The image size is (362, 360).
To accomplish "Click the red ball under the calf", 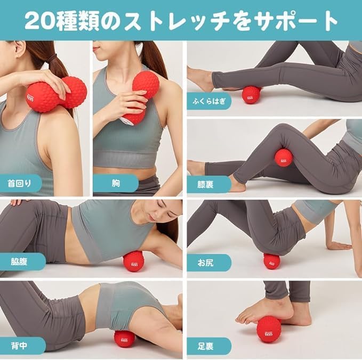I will click(x=251, y=94).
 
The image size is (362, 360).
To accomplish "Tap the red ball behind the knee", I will click(x=283, y=158).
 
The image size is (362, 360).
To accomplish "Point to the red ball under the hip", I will click(x=272, y=261).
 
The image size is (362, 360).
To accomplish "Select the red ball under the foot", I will click(x=269, y=329).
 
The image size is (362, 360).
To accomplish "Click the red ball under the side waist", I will click(x=133, y=261).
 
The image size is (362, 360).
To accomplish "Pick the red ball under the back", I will click(x=124, y=338).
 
